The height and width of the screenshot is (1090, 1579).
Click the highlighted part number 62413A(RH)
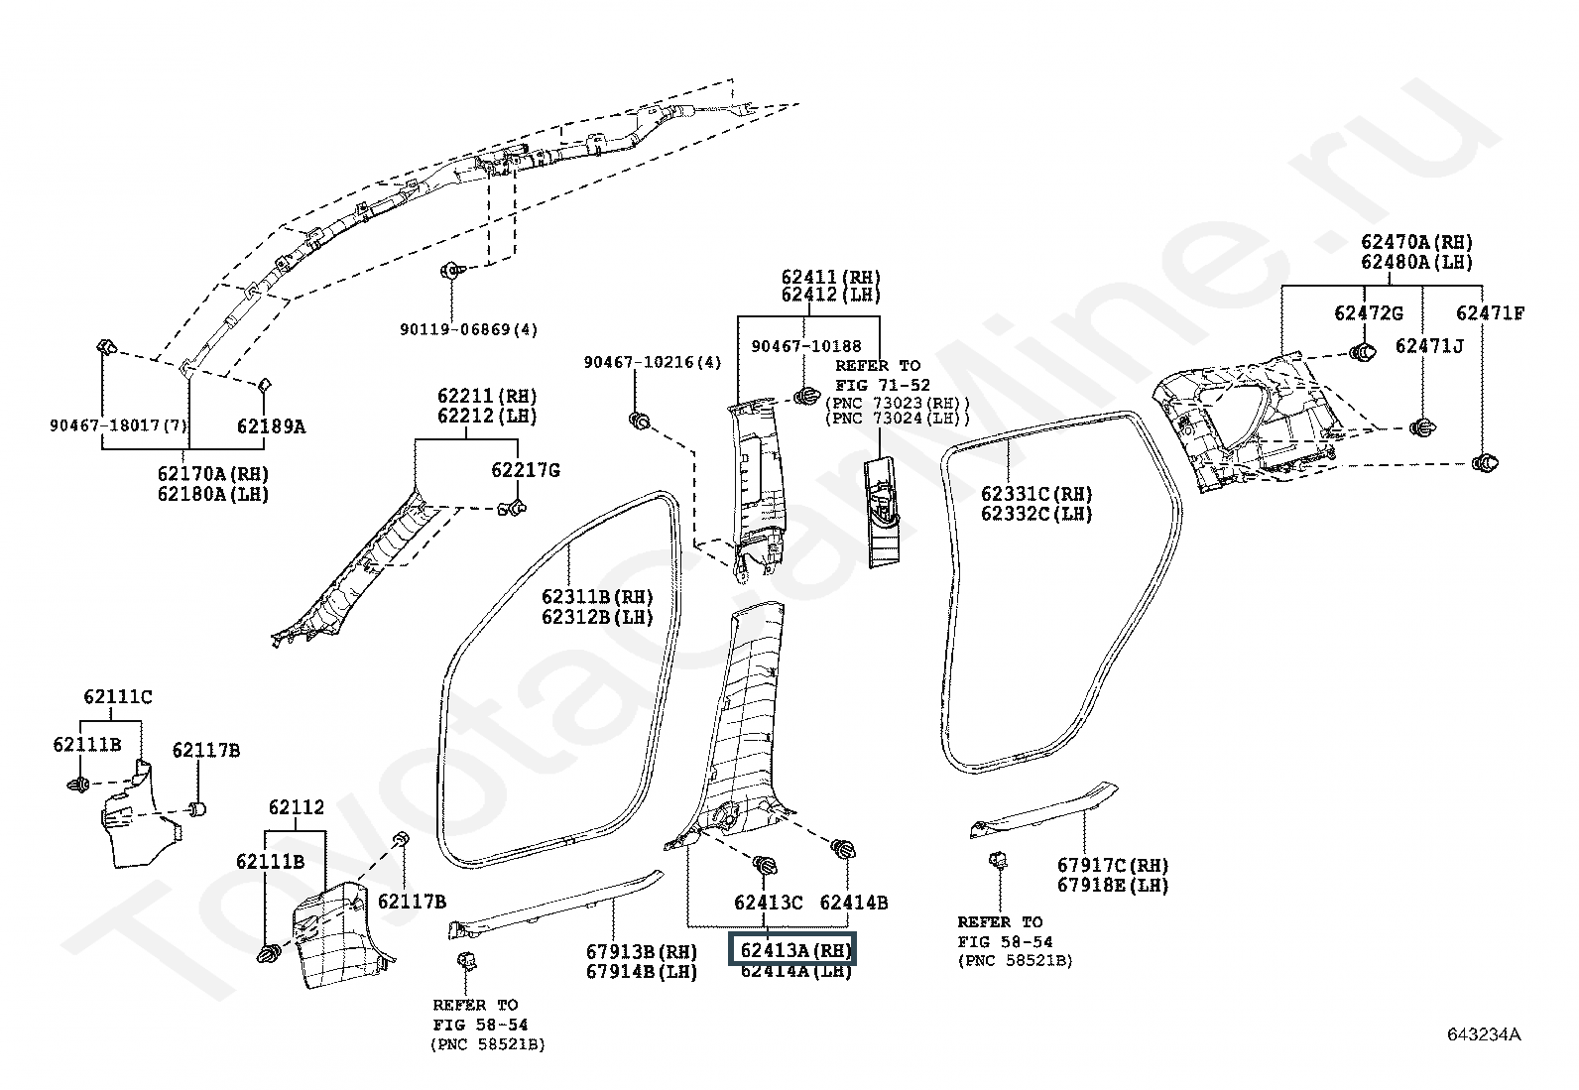pyautogui.click(x=792, y=949)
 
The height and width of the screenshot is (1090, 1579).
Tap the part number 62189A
pyautogui.click(x=271, y=426)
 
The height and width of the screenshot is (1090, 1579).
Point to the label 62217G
pyautogui.click(x=526, y=470)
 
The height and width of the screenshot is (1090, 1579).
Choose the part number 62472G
pyautogui.click(x=1369, y=313)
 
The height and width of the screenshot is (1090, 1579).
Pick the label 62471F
pyautogui.click(x=1490, y=313)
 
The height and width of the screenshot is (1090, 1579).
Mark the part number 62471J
pyautogui.click(x=1429, y=345)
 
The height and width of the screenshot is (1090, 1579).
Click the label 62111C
pyautogui.click(x=118, y=696)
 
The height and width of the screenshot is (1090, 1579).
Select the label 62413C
pyautogui.click(x=768, y=903)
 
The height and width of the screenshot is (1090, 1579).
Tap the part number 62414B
pyautogui.click(x=853, y=903)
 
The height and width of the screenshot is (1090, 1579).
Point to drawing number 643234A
pyautogui.click(x=1482, y=1035)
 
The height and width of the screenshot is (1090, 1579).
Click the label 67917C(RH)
pyautogui.click(x=1113, y=865)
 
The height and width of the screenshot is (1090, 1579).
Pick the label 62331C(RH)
pyautogui.click(x=1036, y=494)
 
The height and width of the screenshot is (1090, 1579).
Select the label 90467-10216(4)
pyautogui.click(x=653, y=364)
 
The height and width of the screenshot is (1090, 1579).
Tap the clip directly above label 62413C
pyautogui.click(x=765, y=866)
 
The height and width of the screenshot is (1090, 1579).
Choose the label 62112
pyautogui.click(x=296, y=808)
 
